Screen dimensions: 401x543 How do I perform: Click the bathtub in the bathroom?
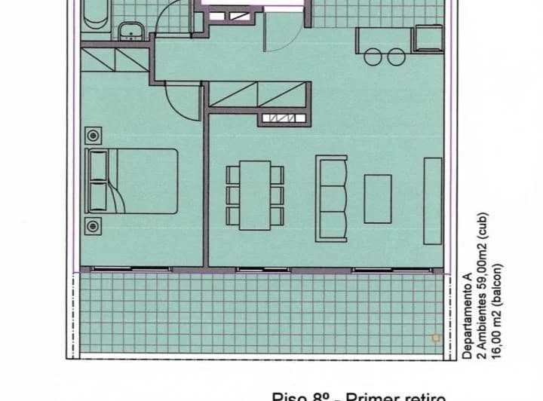[x=95, y=15]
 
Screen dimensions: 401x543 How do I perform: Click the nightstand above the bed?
[x=93, y=136]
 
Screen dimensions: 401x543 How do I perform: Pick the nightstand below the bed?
[x=93, y=224]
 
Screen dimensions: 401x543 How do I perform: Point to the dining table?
[x=250, y=194]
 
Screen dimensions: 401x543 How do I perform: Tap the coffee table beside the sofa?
[x=378, y=199]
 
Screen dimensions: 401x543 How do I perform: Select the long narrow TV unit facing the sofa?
[x=433, y=200]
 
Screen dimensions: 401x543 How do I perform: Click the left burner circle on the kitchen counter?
[x=373, y=55]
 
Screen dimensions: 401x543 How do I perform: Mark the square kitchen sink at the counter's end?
[x=430, y=35]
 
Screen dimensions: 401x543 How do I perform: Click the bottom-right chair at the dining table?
[x=278, y=215]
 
